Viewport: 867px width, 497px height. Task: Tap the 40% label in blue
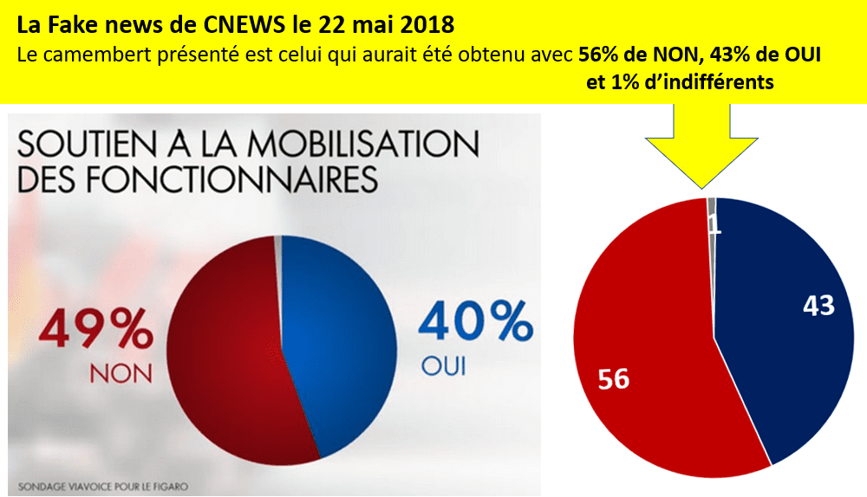pos(476,323)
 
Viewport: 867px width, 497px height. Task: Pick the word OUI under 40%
pos(443,366)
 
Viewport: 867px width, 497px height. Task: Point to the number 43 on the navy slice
pos(818,306)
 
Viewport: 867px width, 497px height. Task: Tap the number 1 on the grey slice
pos(714,225)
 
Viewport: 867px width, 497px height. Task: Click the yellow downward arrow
pos(701,147)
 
